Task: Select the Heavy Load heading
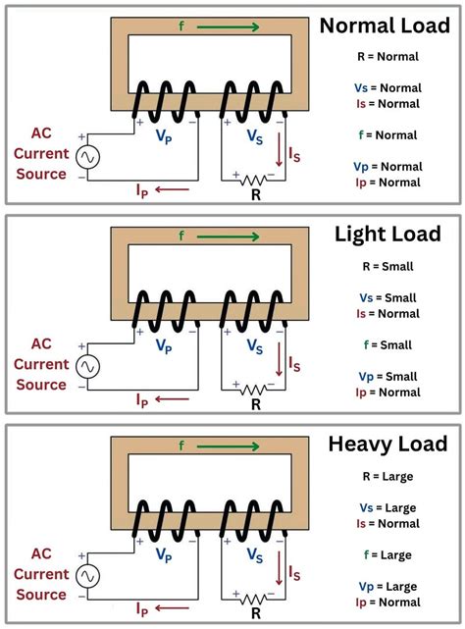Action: click(390, 444)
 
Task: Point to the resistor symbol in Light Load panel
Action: click(255, 389)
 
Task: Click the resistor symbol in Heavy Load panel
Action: click(255, 599)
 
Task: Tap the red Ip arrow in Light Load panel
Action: click(173, 399)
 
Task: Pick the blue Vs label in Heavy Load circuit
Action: click(255, 556)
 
